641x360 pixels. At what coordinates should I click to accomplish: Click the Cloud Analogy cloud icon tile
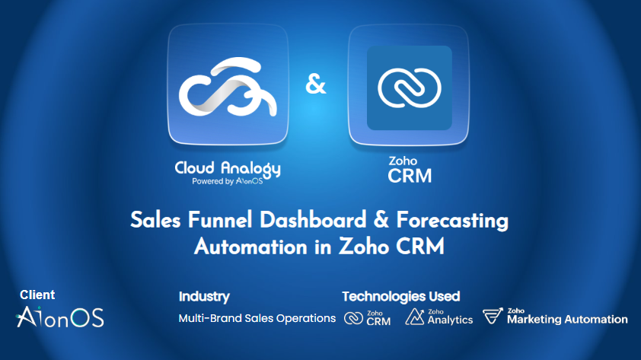[228, 85]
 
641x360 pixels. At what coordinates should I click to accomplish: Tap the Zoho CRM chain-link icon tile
[410, 85]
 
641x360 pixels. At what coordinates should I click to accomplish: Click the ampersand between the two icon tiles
[316, 84]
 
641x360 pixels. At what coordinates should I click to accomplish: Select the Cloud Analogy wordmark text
[227, 168]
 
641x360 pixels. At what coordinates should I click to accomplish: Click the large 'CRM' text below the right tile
[410, 176]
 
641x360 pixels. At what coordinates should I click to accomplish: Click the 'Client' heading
[37, 295]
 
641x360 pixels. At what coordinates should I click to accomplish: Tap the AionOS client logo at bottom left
[60, 317]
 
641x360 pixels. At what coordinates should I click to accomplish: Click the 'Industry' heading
[204, 296]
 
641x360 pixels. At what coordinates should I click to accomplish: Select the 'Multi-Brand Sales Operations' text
[257, 318]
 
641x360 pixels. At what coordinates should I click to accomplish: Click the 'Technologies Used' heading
[400, 296]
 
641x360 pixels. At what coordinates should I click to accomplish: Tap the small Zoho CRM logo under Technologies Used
[367, 318]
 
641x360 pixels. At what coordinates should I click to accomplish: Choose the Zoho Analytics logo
[438, 317]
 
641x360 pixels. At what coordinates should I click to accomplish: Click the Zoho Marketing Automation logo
[556, 317]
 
